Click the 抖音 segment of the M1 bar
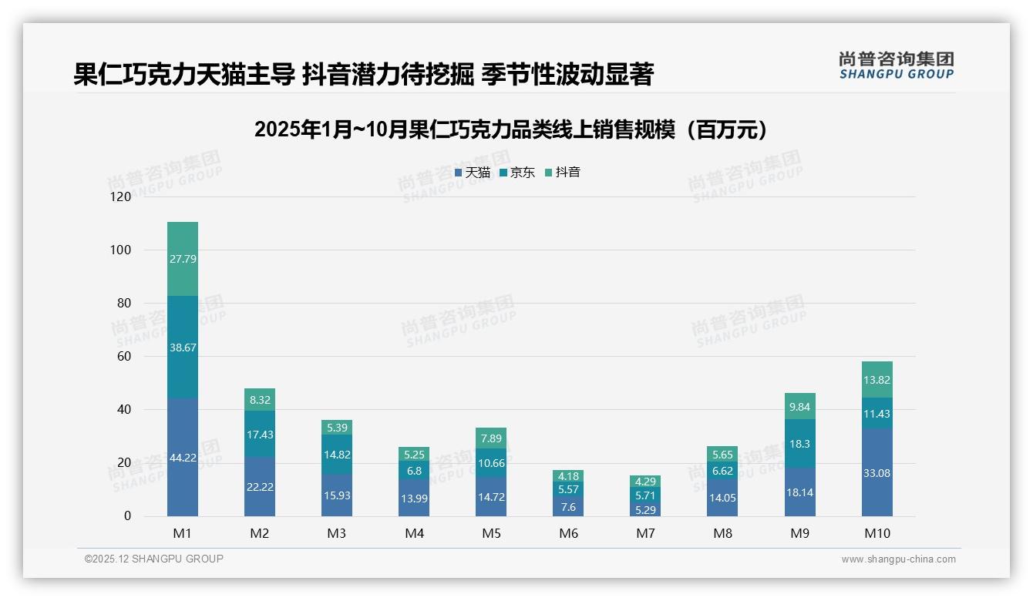tap(183, 259)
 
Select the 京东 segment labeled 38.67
tap(183, 348)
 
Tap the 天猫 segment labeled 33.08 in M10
tap(877, 473)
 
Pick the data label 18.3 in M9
tap(800, 444)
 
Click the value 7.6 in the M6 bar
tap(568, 507)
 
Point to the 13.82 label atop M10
tap(877, 380)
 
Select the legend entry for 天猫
tap(473, 173)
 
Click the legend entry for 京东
tap(517, 173)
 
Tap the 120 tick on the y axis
tap(121, 196)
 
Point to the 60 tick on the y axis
tap(124, 356)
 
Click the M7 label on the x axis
tap(645, 533)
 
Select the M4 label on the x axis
tap(414, 533)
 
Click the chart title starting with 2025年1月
tap(515, 130)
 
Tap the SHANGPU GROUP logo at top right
tap(896, 65)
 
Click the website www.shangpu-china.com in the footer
tap(898, 559)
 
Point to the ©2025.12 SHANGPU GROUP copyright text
tap(154, 559)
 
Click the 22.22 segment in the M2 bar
tap(260, 487)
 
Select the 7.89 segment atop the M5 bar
tap(491, 438)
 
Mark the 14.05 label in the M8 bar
tap(722, 498)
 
